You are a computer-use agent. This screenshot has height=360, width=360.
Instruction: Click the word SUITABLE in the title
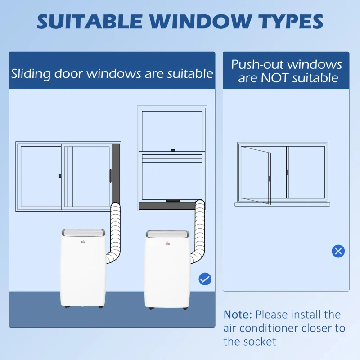pos(90,22)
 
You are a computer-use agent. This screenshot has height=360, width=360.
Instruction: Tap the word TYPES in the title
pos(291,22)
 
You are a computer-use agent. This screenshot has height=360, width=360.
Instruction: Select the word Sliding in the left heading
pos(31,74)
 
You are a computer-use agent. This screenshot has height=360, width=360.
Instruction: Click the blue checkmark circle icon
pos(205,279)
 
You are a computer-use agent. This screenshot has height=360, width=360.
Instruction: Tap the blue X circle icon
pos(338,251)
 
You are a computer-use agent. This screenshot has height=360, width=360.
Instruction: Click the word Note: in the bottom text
pos(238,315)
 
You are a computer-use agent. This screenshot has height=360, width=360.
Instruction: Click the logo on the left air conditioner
pos(83,242)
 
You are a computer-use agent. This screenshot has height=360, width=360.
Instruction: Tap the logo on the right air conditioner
pos(167,243)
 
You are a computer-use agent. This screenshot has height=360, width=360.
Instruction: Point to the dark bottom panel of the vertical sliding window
pos(167,206)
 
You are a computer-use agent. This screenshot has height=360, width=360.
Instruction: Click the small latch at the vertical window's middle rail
pos(173,150)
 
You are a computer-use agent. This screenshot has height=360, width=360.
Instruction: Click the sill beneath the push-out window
pos(282,204)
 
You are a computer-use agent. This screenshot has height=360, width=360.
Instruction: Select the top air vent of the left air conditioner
pos(83,232)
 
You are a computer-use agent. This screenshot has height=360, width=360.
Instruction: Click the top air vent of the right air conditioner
pos(167,234)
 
